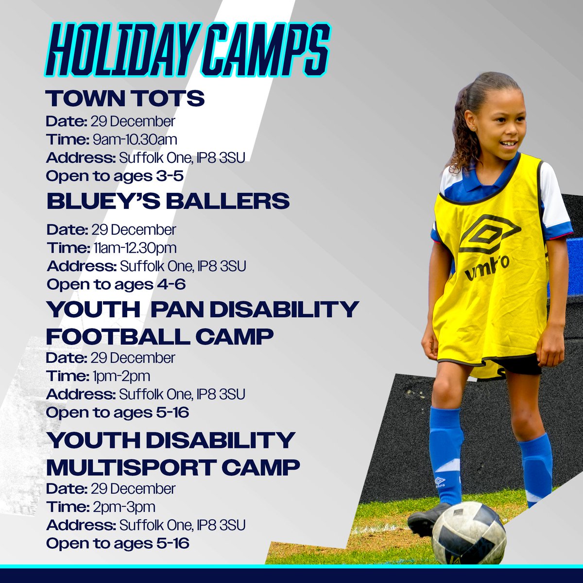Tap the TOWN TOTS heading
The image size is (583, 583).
(x=125, y=99)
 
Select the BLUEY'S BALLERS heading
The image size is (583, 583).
(x=168, y=201)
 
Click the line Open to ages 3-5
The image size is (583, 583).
(x=115, y=176)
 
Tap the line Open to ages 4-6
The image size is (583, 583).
(x=116, y=284)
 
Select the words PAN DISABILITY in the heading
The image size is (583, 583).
(x=254, y=309)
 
